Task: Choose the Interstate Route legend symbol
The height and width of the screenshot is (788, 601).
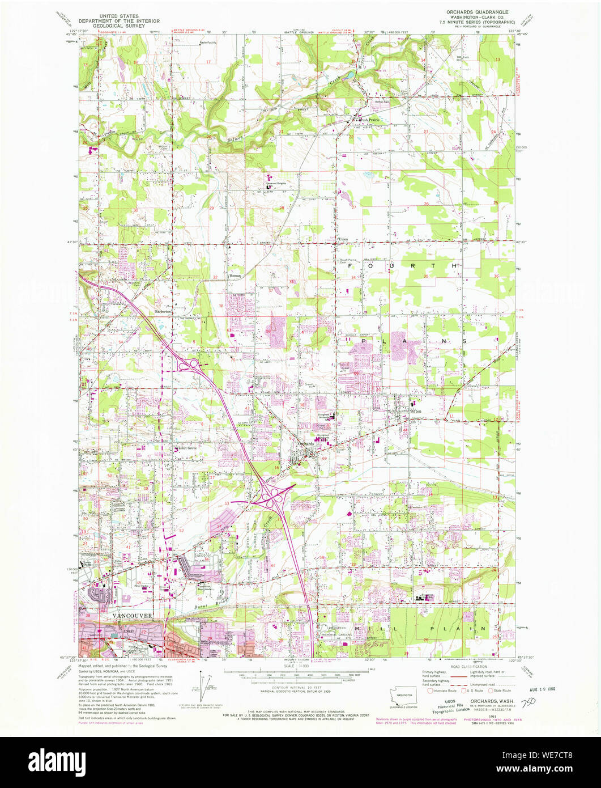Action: point(430,690)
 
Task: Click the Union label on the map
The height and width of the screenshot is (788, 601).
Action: point(343,239)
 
